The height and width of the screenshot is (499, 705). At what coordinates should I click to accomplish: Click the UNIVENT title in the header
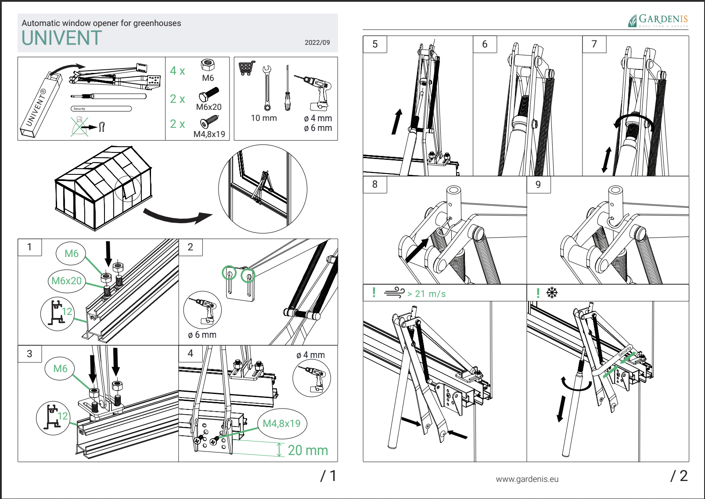[x=62, y=38]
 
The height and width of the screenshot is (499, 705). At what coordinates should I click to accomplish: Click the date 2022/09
[x=317, y=43]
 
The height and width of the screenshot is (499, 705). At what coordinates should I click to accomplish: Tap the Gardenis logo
[x=658, y=21]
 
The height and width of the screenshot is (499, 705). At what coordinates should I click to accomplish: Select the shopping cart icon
[x=247, y=68]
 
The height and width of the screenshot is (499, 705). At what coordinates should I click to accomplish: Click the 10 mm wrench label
[x=264, y=118]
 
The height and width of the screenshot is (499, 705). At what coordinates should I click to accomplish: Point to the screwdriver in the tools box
[x=288, y=88]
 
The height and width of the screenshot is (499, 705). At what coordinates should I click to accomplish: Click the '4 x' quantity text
[x=177, y=71]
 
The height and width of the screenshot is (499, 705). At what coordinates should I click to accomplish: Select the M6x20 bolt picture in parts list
[x=209, y=94]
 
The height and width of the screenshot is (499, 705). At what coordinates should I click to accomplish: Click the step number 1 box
[x=29, y=247]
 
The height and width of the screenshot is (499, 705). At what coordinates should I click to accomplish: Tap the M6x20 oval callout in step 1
[x=66, y=281]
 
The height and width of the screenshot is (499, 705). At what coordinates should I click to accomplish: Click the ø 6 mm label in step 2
[x=202, y=335]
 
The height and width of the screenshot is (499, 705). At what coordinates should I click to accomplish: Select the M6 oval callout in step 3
[x=61, y=368]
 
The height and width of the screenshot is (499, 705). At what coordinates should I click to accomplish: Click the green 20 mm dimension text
[x=308, y=450]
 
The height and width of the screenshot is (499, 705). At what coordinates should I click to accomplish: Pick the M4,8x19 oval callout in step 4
[x=282, y=423]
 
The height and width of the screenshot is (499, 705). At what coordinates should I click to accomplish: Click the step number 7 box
[x=594, y=44]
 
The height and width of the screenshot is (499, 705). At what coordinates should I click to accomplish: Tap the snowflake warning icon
[x=552, y=293]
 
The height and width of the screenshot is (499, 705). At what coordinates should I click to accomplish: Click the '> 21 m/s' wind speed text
[x=426, y=294]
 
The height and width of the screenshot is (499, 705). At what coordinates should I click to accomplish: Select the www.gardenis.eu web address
[x=527, y=479]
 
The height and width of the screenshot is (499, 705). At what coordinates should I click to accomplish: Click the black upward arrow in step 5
[x=397, y=122]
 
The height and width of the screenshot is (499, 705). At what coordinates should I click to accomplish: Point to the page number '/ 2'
[x=679, y=476]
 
